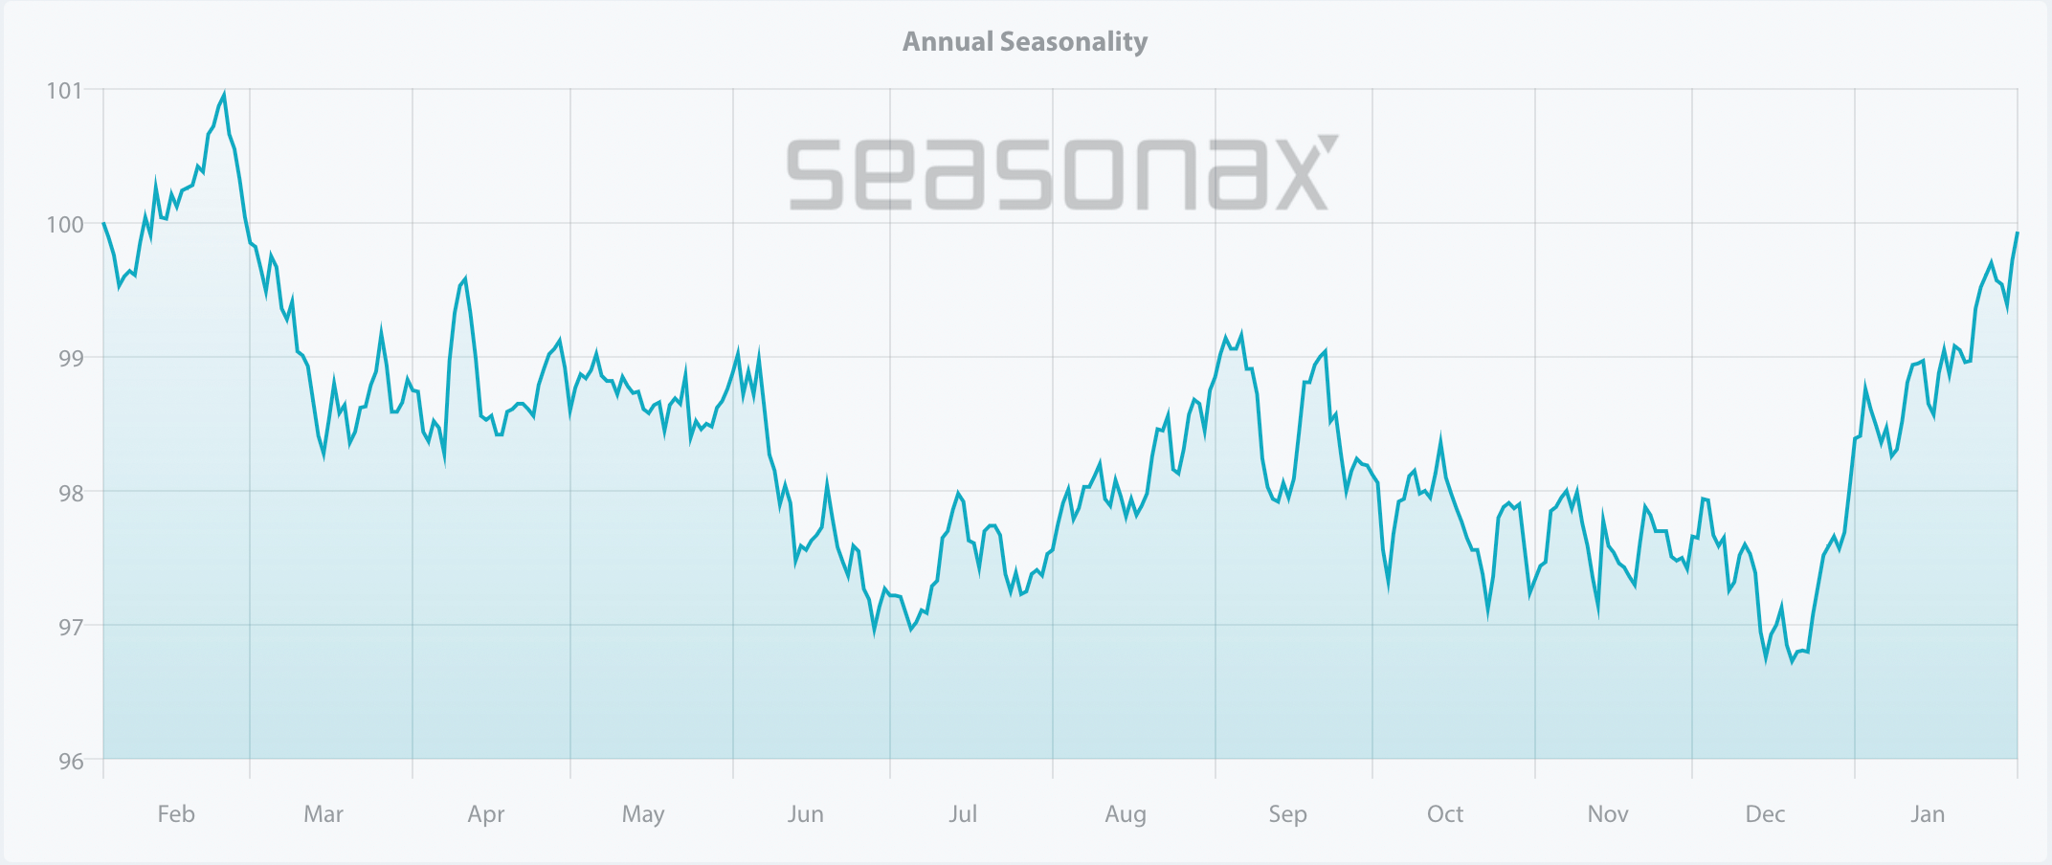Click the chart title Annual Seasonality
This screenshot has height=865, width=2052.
1025,42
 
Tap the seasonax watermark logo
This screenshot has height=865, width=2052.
1061,173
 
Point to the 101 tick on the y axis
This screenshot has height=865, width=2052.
64,91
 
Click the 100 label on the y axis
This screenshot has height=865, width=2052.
64,225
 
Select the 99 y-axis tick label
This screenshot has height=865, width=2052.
71,359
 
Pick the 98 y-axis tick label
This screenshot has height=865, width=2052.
71,493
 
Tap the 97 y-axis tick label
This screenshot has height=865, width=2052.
71,627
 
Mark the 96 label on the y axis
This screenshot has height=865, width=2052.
71,762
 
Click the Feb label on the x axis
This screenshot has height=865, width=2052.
176,814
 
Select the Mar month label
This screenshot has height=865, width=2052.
323,814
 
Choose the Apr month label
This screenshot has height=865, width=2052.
486,814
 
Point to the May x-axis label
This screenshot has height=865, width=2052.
643,814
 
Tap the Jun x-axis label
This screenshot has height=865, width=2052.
806,814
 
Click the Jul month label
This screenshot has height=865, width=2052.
963,814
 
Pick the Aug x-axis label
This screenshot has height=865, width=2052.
1126,814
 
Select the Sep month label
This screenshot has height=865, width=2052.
1287,814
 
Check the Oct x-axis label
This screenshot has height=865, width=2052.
1445,814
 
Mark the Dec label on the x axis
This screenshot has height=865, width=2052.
1765,814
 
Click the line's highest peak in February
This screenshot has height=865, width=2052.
224,94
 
